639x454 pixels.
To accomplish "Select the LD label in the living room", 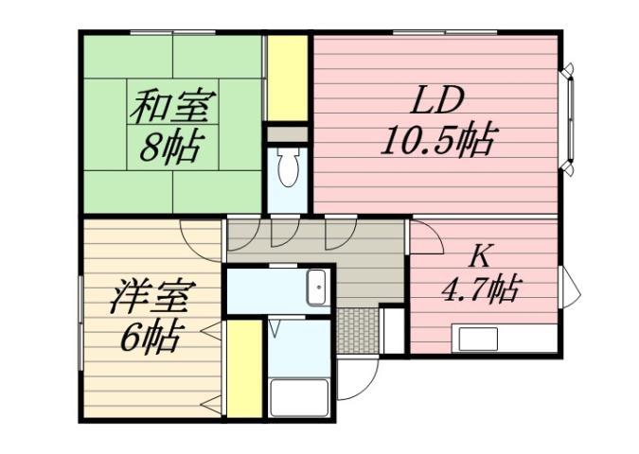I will pyautogui.click(x=435, y=99).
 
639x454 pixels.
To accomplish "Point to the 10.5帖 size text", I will pyautogui.click(x=436, y=141).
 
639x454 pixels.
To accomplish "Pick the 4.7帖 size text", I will pyautogui.click(x=481, y=289).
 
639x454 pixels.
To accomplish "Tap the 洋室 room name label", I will pyautogui.click(x=152, y=296).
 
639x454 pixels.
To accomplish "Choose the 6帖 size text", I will pyautogui.click(x=151, y=337).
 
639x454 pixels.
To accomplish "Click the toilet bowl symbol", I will pyautogui.click(x=288, y=170).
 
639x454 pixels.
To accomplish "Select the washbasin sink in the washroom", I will pyautogui.click(x=317, y=286).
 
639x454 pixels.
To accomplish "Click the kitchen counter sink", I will pyautogui.click(x=478, y=339).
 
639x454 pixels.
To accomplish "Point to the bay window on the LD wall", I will pyautogui.click(x=570, y=118).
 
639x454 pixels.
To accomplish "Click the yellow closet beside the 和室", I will pyautogui.click(x=287, y=78).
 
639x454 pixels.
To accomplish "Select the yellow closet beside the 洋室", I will pyautogui.click(x=244, y=369).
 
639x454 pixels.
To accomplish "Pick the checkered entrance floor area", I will pyautogui.click(x=358, y=330).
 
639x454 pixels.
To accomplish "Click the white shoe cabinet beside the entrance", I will pyautogui.click(x=392, y=328).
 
